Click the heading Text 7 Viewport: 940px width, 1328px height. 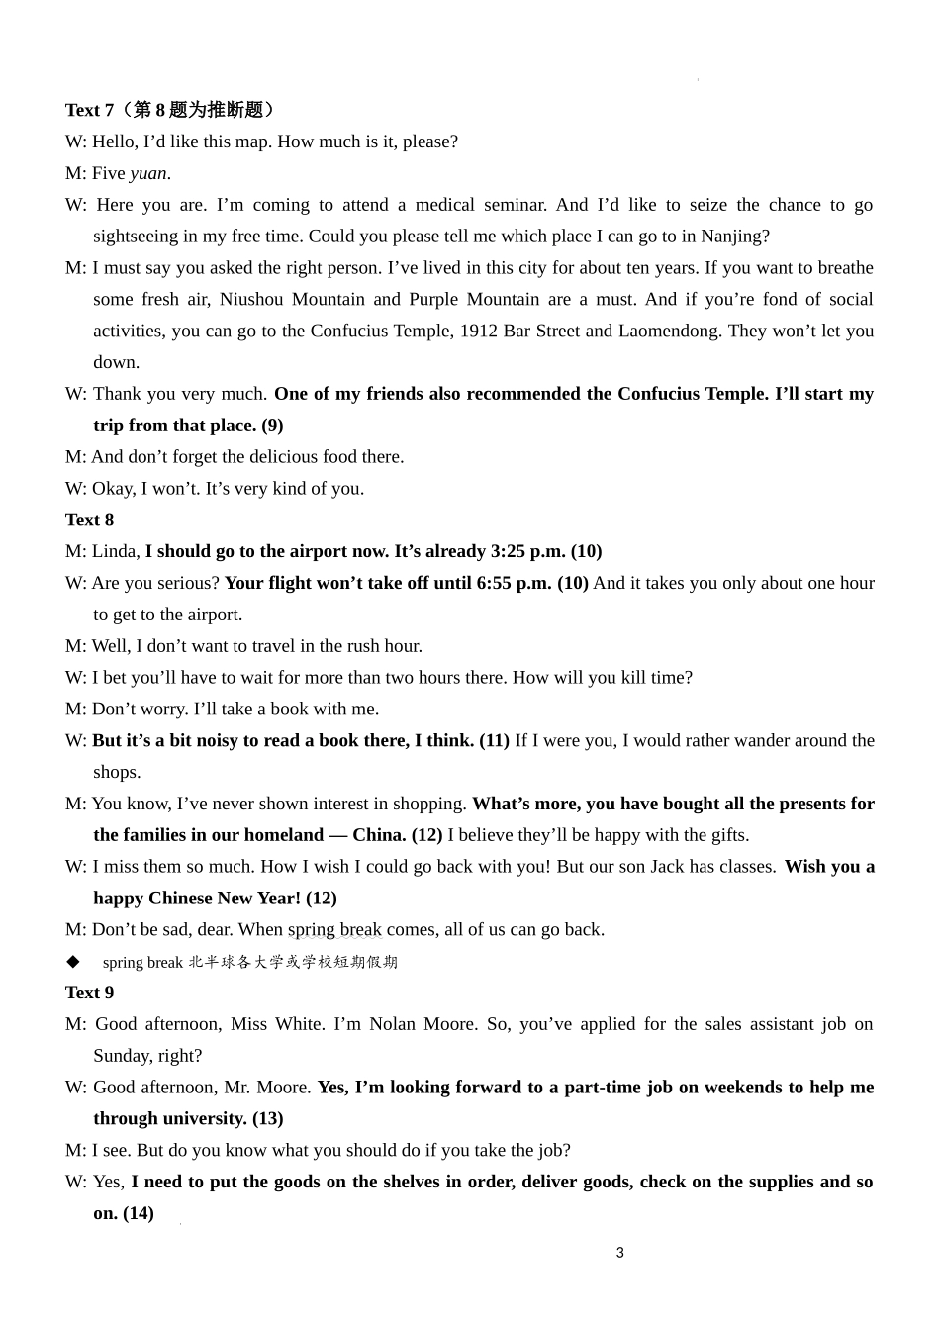pyautogui.click(x=90, y=110)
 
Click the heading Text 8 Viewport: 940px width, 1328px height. pyautogui.click(x=90, y=520)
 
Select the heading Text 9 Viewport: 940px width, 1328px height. pyautogui.click(x=90, y=993)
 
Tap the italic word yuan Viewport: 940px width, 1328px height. pyautogui.click(x=148, y=173)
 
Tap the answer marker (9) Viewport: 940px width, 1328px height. pyautogui.click(x=272, y=426)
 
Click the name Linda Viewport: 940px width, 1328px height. pyautogui.click(x=114, y=551)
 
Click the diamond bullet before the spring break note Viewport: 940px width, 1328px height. pyautogui.click(x=72, y=961)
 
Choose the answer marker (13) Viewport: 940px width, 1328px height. pyautogui.click(x=267, y=1118)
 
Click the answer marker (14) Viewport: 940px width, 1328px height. pyautogui.click(x=139, y=1213)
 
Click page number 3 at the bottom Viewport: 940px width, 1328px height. pyautogui.click(x=620, y=1253)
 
